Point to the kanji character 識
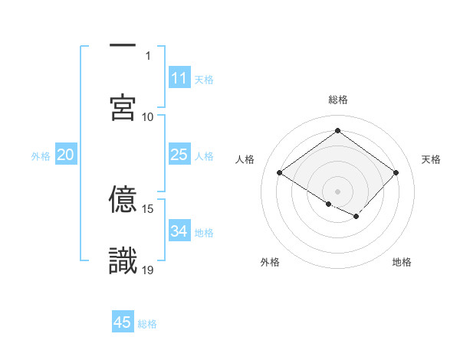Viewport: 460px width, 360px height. [123, 261]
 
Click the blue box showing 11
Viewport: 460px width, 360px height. [179, 78]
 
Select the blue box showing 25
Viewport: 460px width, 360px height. [179, 155]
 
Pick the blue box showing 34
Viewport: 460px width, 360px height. [179, 232]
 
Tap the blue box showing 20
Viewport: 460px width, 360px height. [65, 155]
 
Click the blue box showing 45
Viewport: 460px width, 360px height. [123, 322]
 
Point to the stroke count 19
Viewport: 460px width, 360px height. [149, 270]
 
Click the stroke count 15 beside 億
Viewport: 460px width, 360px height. [149, 208]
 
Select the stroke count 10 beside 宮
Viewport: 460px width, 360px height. [148, 116]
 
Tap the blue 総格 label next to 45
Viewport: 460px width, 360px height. [147, 324]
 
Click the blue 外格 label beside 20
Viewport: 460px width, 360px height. [41, 156]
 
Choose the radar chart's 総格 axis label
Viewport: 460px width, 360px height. [338, 100]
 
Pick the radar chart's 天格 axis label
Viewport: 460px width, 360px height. [432, 159]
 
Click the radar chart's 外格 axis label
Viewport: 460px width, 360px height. [270, 262]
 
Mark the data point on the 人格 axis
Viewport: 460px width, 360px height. [279, 172]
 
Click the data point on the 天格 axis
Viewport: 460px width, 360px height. [396, 172]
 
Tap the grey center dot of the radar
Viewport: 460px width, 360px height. [337, 191]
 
